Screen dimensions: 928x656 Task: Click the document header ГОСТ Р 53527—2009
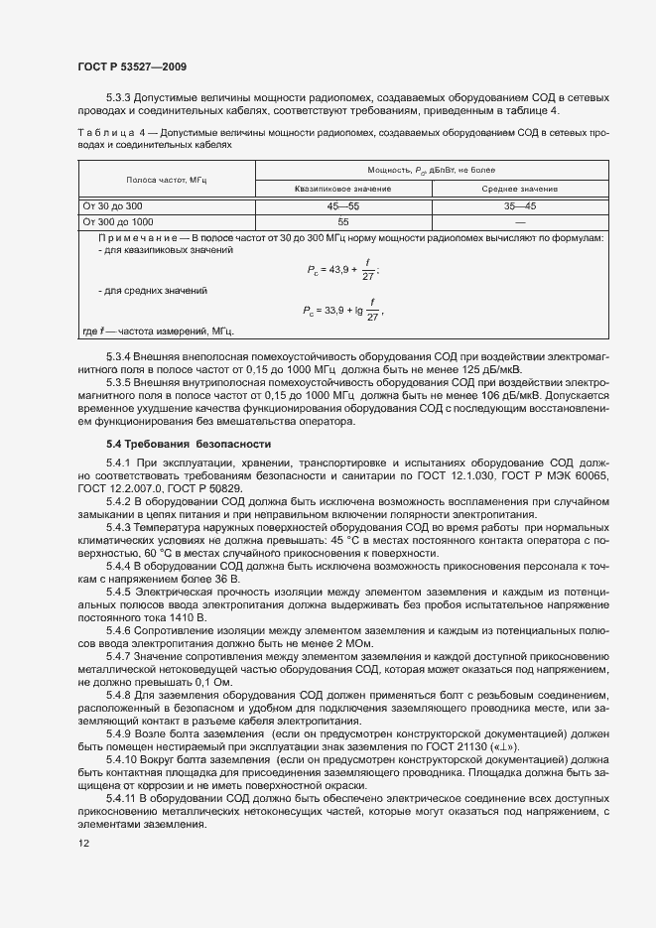131,66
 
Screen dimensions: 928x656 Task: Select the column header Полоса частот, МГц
166,180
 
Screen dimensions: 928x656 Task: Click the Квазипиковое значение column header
342,189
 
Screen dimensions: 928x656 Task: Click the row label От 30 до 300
113,205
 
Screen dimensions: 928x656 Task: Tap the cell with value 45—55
342,205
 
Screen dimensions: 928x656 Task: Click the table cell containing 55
342,222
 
